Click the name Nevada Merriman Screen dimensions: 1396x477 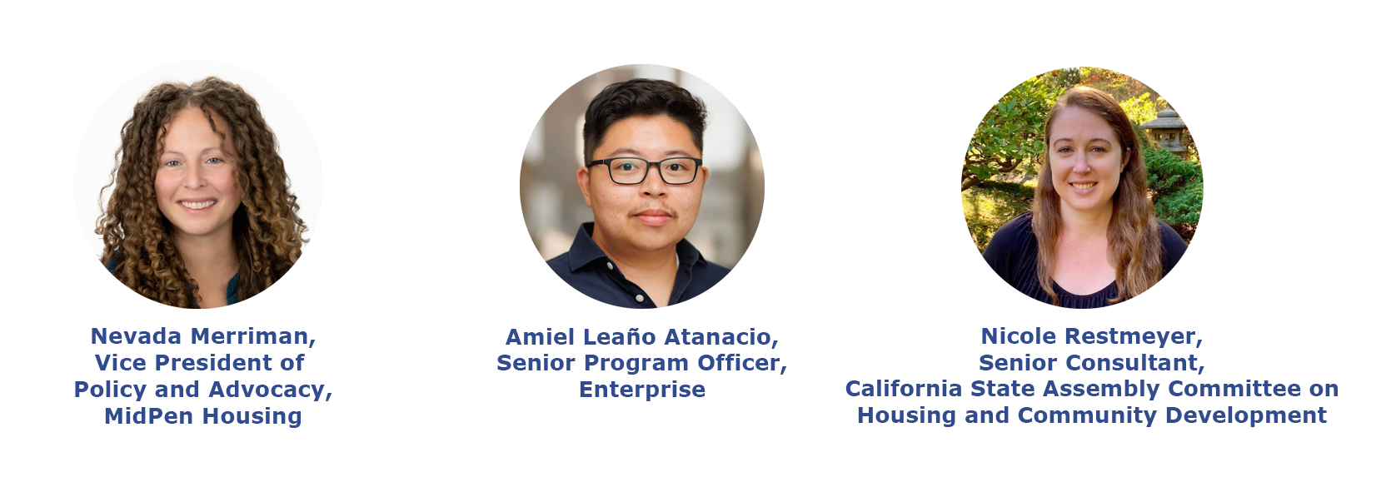199,336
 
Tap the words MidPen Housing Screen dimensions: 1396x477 203,416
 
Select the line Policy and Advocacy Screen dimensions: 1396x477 199,390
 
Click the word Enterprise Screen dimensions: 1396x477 642,390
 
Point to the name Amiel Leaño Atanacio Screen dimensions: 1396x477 638,337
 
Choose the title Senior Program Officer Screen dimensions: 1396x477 638,363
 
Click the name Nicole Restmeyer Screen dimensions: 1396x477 1088,336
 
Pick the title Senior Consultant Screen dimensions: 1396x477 1088,362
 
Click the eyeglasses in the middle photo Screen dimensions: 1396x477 645,171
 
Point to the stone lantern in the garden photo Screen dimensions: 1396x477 1164,130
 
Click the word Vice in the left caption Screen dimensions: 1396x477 121,363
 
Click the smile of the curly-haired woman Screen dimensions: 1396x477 197,204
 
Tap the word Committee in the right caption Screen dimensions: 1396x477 1234,389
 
